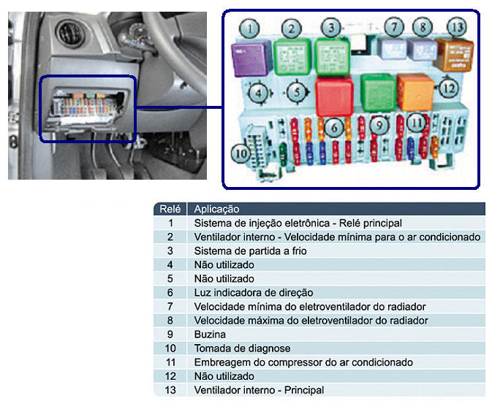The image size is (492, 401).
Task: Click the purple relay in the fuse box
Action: [x=251, y=59]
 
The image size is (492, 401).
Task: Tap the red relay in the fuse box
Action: [x=335, y=96]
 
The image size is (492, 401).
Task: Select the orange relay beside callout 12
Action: [x=415, y=92]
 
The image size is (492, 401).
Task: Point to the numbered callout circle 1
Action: [x=249, y=28]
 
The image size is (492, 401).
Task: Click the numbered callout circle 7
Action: [x=394, y=27]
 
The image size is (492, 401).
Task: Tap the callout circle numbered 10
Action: [x=241, y=153]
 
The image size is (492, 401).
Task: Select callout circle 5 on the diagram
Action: [x=296, y=93]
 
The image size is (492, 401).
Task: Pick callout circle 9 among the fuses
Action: [x=379, y=125]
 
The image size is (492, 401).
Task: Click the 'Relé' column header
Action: [x=170, y=209]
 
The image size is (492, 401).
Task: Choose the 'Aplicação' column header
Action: [x=216, y=209]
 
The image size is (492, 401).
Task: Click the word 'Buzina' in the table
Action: [x=210, y=335]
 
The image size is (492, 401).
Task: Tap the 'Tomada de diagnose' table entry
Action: [x=242, y=348]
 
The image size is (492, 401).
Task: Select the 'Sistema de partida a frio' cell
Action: [x=251, y=251]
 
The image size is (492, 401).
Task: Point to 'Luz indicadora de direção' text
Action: [x=254, y=293]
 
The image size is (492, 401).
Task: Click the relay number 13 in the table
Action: [x=170, y=390]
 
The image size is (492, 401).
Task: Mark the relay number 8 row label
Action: [x=170, y=321]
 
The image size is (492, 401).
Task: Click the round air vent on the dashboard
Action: [x=70, y=33]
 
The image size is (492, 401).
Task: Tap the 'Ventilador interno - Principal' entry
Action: [x=260, y=390]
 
